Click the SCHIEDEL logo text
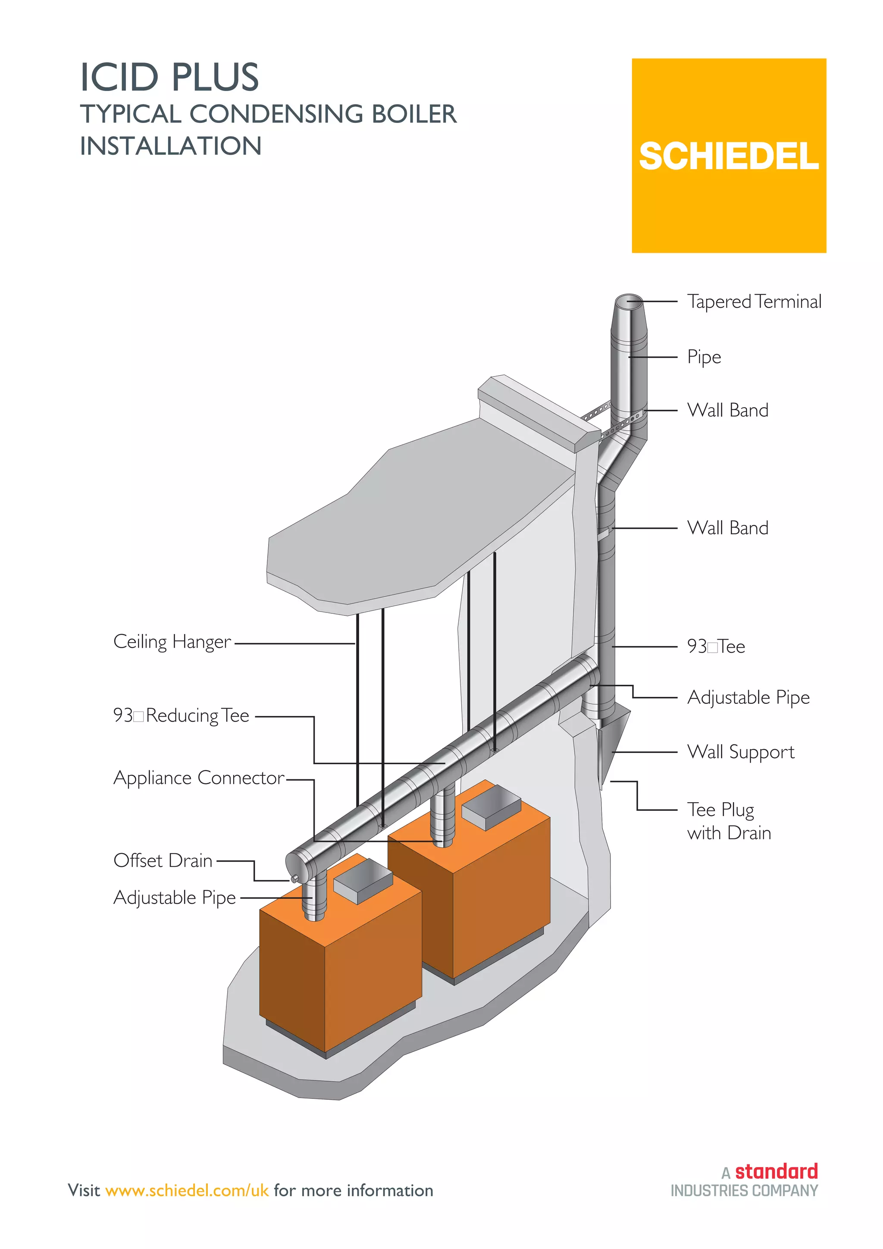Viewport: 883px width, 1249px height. click(x=728, y=157)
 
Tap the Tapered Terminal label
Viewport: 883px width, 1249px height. click(x=754, y=301)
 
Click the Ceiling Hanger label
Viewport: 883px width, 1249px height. click(x=172, y=642)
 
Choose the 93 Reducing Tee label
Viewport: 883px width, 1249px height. click(x=181, y=716)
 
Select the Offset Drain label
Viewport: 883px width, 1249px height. click(x=163, y=860)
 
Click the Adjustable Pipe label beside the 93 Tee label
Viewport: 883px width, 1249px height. click(x=748, y=697)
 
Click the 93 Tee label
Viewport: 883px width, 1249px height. click(x=716, y=647)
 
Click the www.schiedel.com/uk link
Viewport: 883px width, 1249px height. click(x=187, y=1190)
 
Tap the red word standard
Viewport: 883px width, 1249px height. click(x=776, y=1171)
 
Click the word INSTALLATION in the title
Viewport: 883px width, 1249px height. click(x=171, y=146)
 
